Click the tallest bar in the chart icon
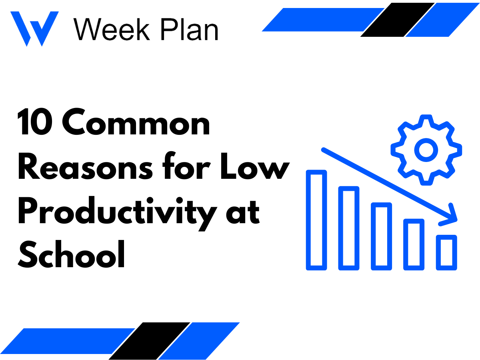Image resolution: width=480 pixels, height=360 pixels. pos(316,220)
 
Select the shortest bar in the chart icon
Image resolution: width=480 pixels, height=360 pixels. pos(446,252)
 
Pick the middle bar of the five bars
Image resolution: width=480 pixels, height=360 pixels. pos(381,236)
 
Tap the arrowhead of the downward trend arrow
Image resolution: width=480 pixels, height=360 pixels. pos(451,216)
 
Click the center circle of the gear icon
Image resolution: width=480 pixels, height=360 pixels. pos(426,150)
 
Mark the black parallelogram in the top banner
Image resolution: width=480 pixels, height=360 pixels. pos(397,20)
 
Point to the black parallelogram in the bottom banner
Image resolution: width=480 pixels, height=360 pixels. pos(149,340)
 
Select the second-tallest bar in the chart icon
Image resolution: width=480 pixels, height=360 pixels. pos(349,228)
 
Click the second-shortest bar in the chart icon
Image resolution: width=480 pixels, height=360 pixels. pos(414,244)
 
